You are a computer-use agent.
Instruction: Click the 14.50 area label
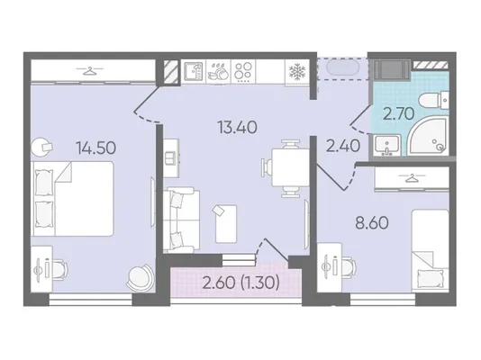coord(96,148)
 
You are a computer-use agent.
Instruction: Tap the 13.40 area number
coord(237,127)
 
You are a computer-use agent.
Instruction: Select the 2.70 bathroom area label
coord(398,114)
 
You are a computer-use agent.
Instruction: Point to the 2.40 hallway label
coord(342,146)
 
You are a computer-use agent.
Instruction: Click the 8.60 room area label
coord(372,222)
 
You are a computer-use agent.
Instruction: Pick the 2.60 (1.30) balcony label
coord(241,283)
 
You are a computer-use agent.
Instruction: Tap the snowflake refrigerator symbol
coord(296,72)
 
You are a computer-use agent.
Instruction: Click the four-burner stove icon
coord(243,71)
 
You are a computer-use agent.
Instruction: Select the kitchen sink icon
coord(194,71)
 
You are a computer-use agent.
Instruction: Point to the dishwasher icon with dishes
coord(218,72)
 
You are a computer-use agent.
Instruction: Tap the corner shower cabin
coord(429,136)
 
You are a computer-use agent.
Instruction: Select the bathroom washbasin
coord(386,144)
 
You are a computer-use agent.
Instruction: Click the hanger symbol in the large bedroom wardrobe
coord(89,71)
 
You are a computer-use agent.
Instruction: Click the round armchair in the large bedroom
coord(141,277)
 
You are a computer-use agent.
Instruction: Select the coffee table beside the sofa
coord(226,224)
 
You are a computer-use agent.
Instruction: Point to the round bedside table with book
coord(40,147)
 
